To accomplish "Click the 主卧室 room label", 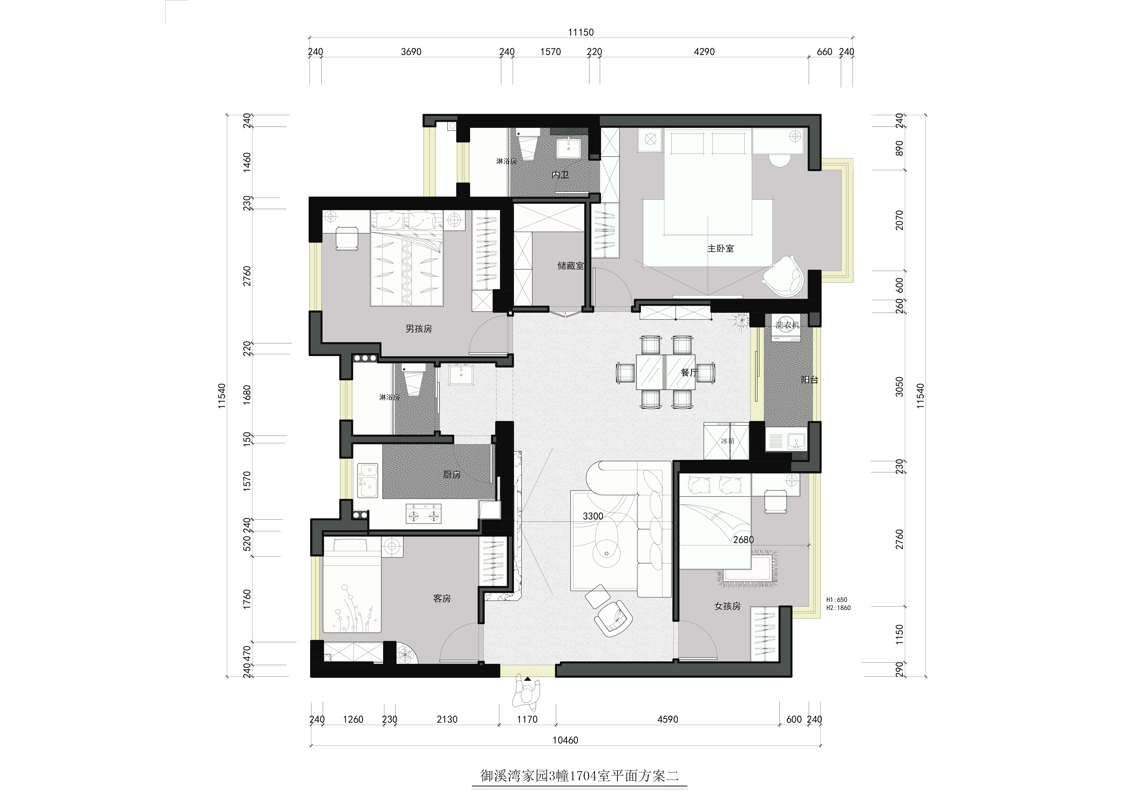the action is click(720, 248).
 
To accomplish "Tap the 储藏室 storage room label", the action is click(571, 266).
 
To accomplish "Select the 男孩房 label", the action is click(419, 329).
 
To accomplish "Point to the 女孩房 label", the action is click(727, 606).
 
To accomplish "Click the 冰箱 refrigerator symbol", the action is click(726, 441).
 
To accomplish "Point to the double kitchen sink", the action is click(367, 481).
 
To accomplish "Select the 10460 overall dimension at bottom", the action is click(565, 740).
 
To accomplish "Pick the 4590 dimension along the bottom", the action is click(668, 719).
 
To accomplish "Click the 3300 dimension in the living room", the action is click(593, 516).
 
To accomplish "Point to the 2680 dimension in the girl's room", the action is click(744, 540).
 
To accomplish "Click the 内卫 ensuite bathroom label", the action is click(561, 175).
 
